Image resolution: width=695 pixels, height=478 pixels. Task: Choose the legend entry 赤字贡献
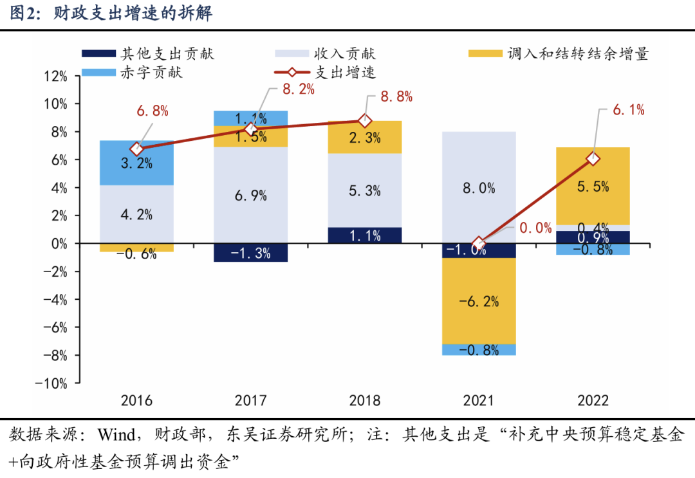[151, 72]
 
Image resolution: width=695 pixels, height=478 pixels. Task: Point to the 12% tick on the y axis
[55, 76]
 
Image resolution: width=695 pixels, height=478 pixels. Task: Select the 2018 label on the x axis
[364, 401]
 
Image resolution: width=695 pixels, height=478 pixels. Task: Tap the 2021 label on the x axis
[479, 401]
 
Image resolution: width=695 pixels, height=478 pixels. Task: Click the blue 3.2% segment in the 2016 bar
[136, 163]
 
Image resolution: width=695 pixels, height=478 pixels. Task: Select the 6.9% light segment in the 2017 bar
[250, 196]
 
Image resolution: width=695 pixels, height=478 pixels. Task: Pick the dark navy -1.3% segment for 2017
[250, 253]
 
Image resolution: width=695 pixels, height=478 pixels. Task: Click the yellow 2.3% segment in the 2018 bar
[364, 137]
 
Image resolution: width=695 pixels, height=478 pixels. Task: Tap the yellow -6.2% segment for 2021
[479, 300]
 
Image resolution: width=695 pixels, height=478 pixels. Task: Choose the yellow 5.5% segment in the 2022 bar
[593, 186]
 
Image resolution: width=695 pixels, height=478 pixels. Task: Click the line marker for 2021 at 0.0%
[479, 244]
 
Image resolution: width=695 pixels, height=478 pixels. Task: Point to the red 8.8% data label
[396, 97]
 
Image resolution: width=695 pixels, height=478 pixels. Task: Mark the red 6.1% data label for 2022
[628, 110]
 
